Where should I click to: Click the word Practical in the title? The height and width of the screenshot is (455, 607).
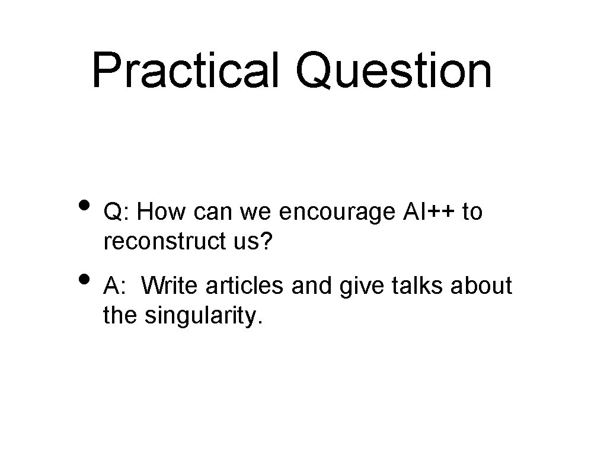coord(185,71)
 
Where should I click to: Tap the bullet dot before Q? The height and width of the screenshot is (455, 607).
coord(85,205)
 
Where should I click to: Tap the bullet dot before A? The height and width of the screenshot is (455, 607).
coord(85,278)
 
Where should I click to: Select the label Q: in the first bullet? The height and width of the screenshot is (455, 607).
coord(118,212)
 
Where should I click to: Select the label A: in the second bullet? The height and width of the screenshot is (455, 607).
coord(116,286)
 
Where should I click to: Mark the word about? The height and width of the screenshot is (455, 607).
coord(483,286)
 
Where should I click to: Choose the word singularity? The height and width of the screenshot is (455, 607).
coord(202,316)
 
